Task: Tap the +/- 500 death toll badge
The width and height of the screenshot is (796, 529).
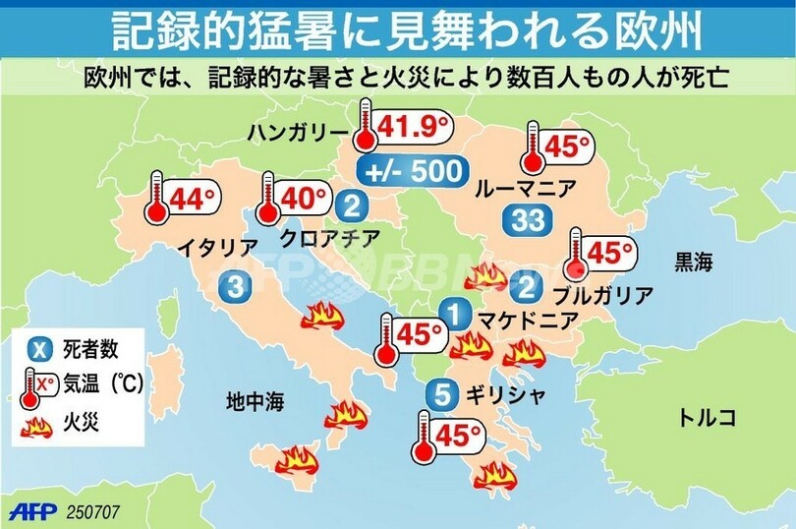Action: pyautogui.click(x=412, y=170)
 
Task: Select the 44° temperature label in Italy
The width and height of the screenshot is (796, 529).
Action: pyautogui.click(x=192, y=200)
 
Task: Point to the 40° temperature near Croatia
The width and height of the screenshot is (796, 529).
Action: pyautogui.click(x=304, y=198)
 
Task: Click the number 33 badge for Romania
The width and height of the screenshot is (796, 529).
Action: pyautogui.click(x=526, y=221)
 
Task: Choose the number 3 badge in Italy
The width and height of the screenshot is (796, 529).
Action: pyautogui.click(x=236, y=287)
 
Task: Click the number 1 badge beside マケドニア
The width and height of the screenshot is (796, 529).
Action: pyautogui.click(x=454, y=316)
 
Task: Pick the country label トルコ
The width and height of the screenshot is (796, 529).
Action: pyautogui.click(x=707, y=417)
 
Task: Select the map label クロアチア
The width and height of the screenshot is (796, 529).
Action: pyautogui.click(x=325, y=238)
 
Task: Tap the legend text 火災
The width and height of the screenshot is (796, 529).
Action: pyautogui.click(x=82, y=424)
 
